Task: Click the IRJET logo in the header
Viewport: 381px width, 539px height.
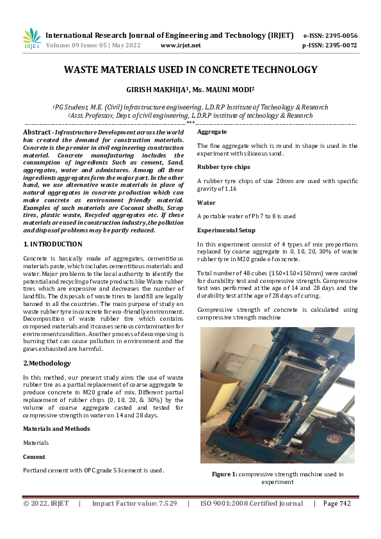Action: point(31,38)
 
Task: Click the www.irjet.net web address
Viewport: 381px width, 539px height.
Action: point(181,45)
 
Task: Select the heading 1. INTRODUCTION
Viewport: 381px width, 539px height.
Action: point(53,244)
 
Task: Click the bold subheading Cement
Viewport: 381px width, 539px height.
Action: point(34,457)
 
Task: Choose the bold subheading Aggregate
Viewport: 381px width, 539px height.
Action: point(212,131)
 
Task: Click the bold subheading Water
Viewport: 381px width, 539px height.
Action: point(206,202)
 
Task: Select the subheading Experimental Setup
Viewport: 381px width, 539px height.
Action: point(226,230)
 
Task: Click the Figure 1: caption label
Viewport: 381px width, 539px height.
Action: point(225,474)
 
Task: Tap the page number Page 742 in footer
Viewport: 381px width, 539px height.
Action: point(337,503)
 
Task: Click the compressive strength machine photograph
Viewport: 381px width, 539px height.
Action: point(277,395)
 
